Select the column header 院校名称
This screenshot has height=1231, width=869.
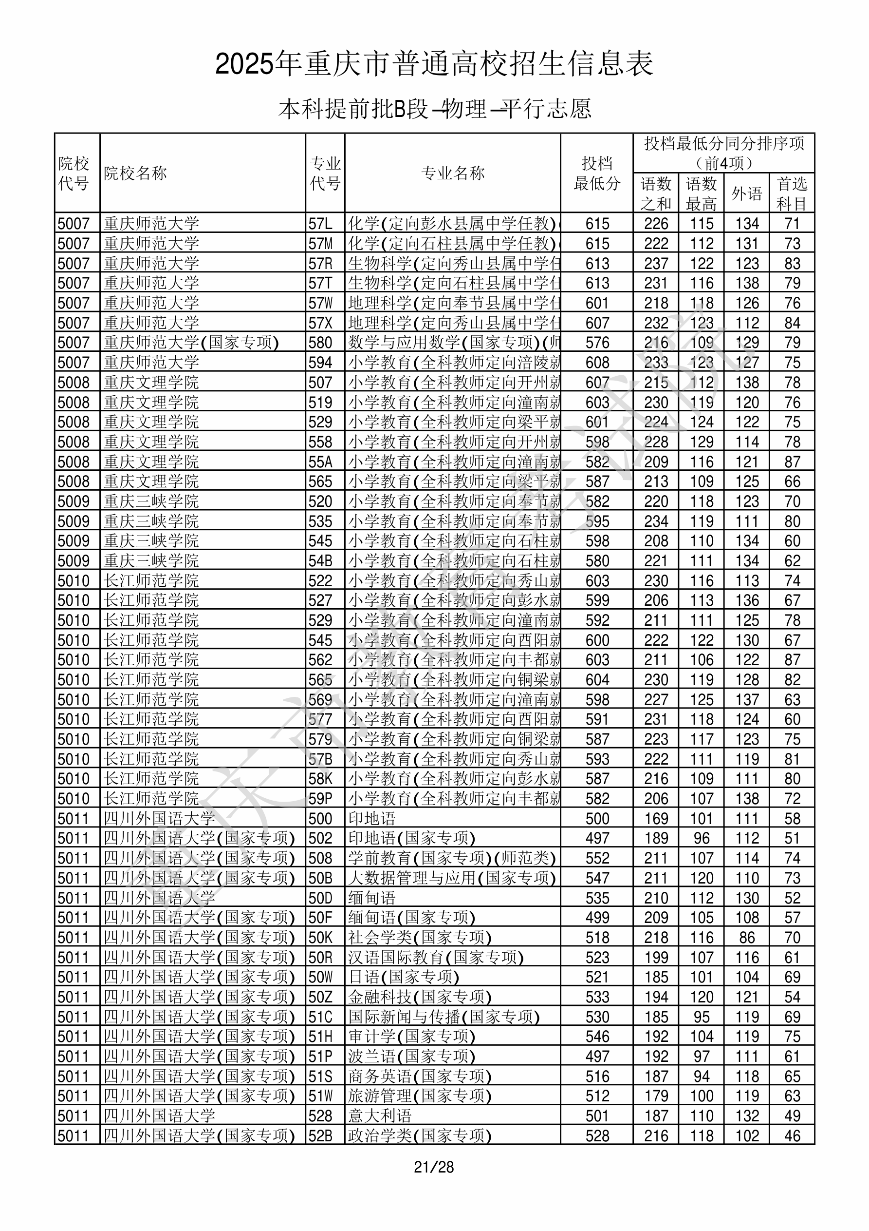[x=135, y=173]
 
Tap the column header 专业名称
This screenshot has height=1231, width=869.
[x=453, y=173]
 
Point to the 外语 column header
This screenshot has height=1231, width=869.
[x=747, y=193]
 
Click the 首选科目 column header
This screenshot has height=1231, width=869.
[x=792, y=193]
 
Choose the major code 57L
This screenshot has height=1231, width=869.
[x=320, y=224]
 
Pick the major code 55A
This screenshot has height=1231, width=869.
[x=320, y=462]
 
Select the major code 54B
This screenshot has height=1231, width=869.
[x=320, y=561]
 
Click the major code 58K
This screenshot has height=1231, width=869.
[x=320, y=778]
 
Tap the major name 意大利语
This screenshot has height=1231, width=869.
[x=380, y=1116]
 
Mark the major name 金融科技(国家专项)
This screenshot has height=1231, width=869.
[x=420, y=997]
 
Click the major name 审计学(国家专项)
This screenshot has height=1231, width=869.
[x=411, y=1037]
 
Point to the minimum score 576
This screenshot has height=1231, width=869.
[x=597, y=343]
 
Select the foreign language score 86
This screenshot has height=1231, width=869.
[x=747, y=937]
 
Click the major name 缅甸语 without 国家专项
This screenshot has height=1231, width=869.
[x=372, y=898]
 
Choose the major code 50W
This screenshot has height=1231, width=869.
[x=320, y=977]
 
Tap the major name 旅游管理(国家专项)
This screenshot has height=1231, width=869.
[x=420, y=1096]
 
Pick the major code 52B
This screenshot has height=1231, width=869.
[x=320, y=1135]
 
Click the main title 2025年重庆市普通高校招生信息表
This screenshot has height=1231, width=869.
[x=434, y=64]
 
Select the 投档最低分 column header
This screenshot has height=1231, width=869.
[x=597, y=173]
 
